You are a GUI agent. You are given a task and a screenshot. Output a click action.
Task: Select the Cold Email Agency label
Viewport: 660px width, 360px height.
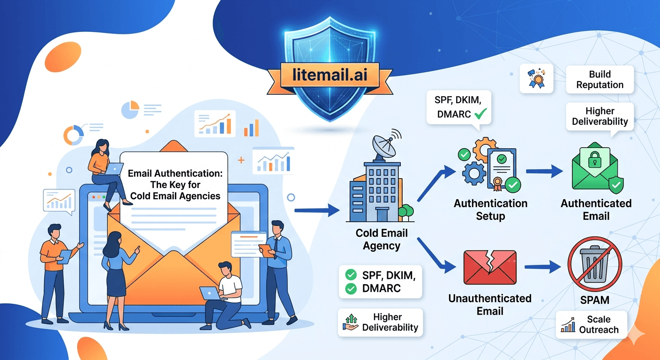coord(382,239)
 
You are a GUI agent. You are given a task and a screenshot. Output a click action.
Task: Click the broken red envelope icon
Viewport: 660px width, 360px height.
coord(489,267)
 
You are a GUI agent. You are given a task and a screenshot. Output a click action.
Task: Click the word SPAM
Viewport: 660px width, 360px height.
coord(594,299)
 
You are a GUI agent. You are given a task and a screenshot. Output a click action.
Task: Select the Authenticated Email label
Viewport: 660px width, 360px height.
coord(596,210)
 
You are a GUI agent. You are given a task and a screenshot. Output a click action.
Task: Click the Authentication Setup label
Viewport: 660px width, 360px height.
coord(490,210)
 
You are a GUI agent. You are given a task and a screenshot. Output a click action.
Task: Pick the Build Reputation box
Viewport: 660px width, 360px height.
coord(600,80)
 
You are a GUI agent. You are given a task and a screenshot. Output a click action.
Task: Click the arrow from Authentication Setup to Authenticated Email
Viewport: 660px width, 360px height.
coord(544,172)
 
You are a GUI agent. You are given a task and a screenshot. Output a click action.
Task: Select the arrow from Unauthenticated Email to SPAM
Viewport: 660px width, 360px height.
coord(542,267)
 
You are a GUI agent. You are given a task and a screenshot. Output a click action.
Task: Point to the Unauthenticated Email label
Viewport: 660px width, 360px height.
coord(490,305)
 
